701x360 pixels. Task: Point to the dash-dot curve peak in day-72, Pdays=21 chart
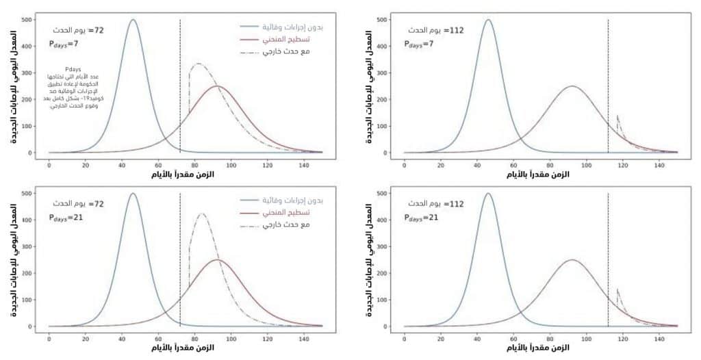(202, 214)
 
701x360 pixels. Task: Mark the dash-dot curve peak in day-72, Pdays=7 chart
(198, 64)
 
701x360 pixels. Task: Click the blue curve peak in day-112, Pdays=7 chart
(488, 20)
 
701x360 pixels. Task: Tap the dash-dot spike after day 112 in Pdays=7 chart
(617, 116)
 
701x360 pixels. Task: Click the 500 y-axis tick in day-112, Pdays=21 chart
(391, 194)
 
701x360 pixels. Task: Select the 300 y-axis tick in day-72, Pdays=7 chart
(28, 73)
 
